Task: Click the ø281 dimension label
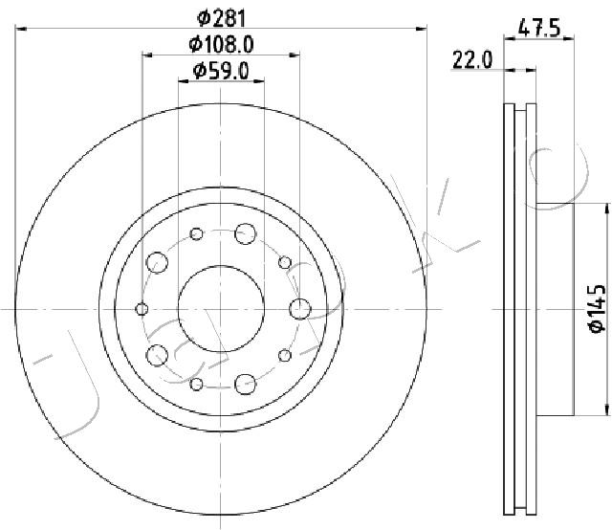[221, 18]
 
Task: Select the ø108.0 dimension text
[221, 45]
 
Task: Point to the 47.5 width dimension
[539, 29]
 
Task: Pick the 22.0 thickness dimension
[472, 60]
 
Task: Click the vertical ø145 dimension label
[598, 309]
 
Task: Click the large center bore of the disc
[221, 309]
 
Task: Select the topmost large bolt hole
[246, 234]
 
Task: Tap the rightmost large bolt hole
[300, 309]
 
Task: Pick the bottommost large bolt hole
[246, 384]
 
